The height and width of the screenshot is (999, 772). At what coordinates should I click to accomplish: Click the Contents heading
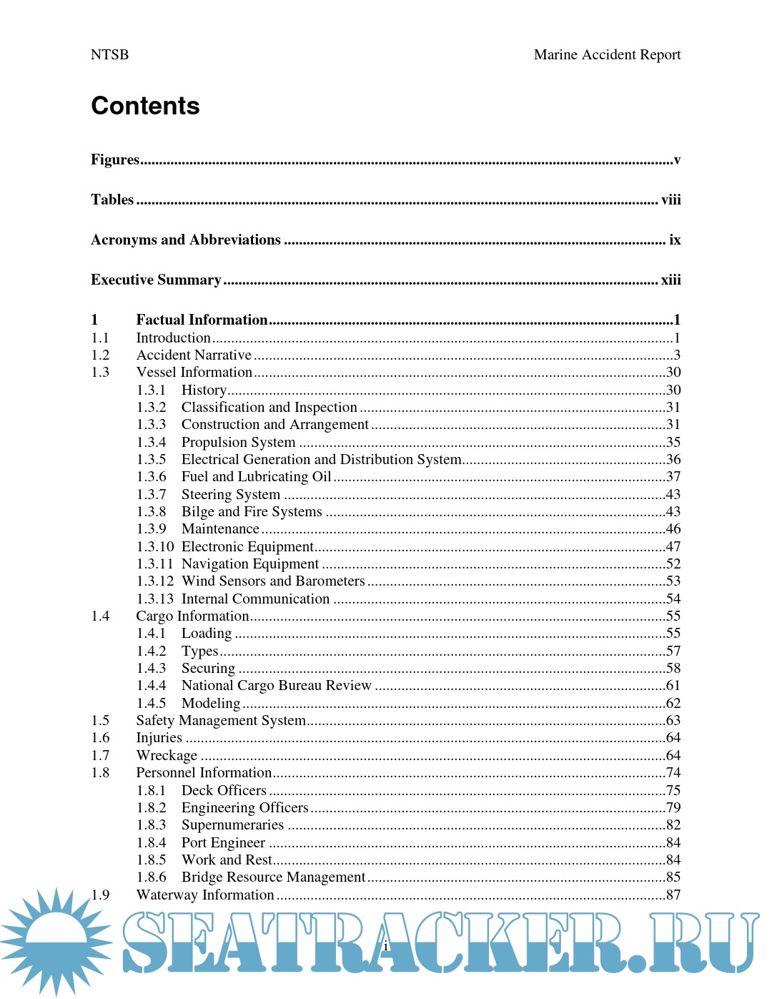pyautogui.click(x=145, y=106)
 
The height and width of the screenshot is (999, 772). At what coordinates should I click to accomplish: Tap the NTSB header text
pyautogui.click(x=109, y=55)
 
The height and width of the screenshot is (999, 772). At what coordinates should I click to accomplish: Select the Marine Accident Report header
pyautogui.click(x=607, y=55)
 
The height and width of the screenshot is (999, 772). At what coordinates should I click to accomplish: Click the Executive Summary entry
pyautogui.click(x=156, y=280)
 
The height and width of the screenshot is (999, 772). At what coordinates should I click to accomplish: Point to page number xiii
pyautogui.click(x=670, y=280)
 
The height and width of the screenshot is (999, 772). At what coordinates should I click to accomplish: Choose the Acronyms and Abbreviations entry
pyautogui.click(x=186, y=240)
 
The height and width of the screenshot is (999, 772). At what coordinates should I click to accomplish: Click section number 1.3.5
pyautogui.click(x=152, y=459)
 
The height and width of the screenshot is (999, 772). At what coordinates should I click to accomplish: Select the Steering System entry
pyautogui.click(x=230, y=494)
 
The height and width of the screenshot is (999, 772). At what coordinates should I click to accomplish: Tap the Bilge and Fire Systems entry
pyautogui.click(x=252, y=511)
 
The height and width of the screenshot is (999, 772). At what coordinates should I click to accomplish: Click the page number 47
pyautogui.click(x=673, y=546)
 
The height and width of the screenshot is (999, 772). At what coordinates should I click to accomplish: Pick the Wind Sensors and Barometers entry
pyautogui.click(x=273, y=581)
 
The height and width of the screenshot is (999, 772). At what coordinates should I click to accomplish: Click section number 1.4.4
pyautogui.click(x=152, y=685)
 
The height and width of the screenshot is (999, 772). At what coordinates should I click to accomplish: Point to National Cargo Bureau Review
pyautogui.click(x=276, y=685)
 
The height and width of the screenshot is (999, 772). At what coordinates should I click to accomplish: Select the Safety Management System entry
pyautogui.click(x=221, y=720)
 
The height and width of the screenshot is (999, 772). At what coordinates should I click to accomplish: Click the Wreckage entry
pyautogui.click(x=167, y=755)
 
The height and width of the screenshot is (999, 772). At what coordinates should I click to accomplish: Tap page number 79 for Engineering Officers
pyautogui.click(x=673, y=807)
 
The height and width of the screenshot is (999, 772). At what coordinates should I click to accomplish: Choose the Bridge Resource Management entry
pyautogui.click(x=273, y=877)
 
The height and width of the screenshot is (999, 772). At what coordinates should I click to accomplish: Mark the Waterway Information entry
pyautogui.click(x=205, y=895)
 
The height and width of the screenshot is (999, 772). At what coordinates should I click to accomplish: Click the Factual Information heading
pyautogui.click(x=202, y=320)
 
